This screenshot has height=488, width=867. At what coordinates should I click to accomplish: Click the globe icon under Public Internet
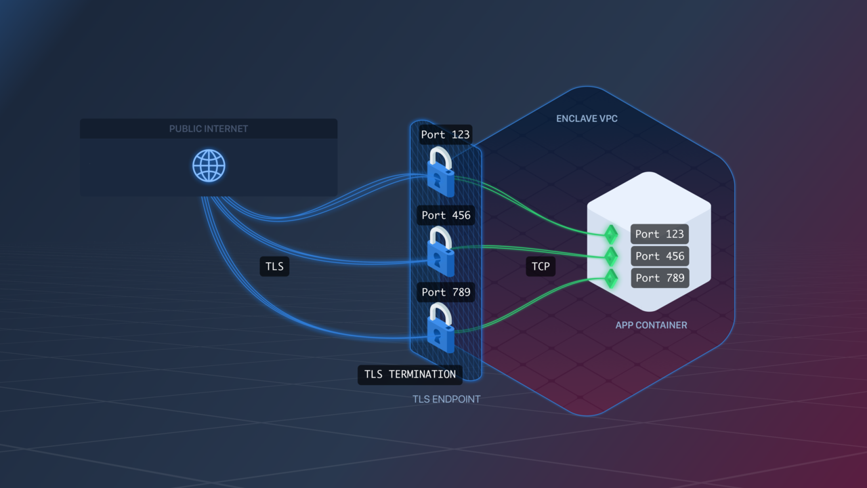[209, 166]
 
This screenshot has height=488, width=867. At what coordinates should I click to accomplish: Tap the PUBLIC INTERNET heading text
[209, 129]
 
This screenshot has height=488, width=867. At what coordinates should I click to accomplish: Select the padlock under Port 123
[440, 173]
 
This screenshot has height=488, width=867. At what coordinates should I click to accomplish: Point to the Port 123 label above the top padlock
[445, 134]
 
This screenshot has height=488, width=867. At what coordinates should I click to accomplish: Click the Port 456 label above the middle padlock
[446, 216]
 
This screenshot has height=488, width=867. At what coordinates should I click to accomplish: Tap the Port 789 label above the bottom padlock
[446, 292]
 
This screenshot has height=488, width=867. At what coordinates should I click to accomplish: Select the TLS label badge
[274, 266]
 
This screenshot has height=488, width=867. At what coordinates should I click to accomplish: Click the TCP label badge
[541, 266]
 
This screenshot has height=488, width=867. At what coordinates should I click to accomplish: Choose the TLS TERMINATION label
[410, 374]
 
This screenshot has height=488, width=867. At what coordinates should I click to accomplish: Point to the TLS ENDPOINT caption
[446, 399]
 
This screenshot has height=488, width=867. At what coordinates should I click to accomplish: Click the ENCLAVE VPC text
[587, 119]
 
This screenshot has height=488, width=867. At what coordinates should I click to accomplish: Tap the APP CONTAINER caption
[651, 325]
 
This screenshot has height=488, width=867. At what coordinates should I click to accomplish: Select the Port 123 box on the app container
[659, 234]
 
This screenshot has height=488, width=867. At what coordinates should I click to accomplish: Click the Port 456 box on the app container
[659, 256]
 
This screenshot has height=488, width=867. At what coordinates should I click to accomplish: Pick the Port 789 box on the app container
[659, 278]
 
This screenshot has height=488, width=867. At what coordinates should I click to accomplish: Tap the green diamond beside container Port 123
[611, 235]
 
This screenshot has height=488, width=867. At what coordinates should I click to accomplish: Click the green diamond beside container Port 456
[611, 256]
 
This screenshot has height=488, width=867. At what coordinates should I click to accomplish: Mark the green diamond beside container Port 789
[611, 279]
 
